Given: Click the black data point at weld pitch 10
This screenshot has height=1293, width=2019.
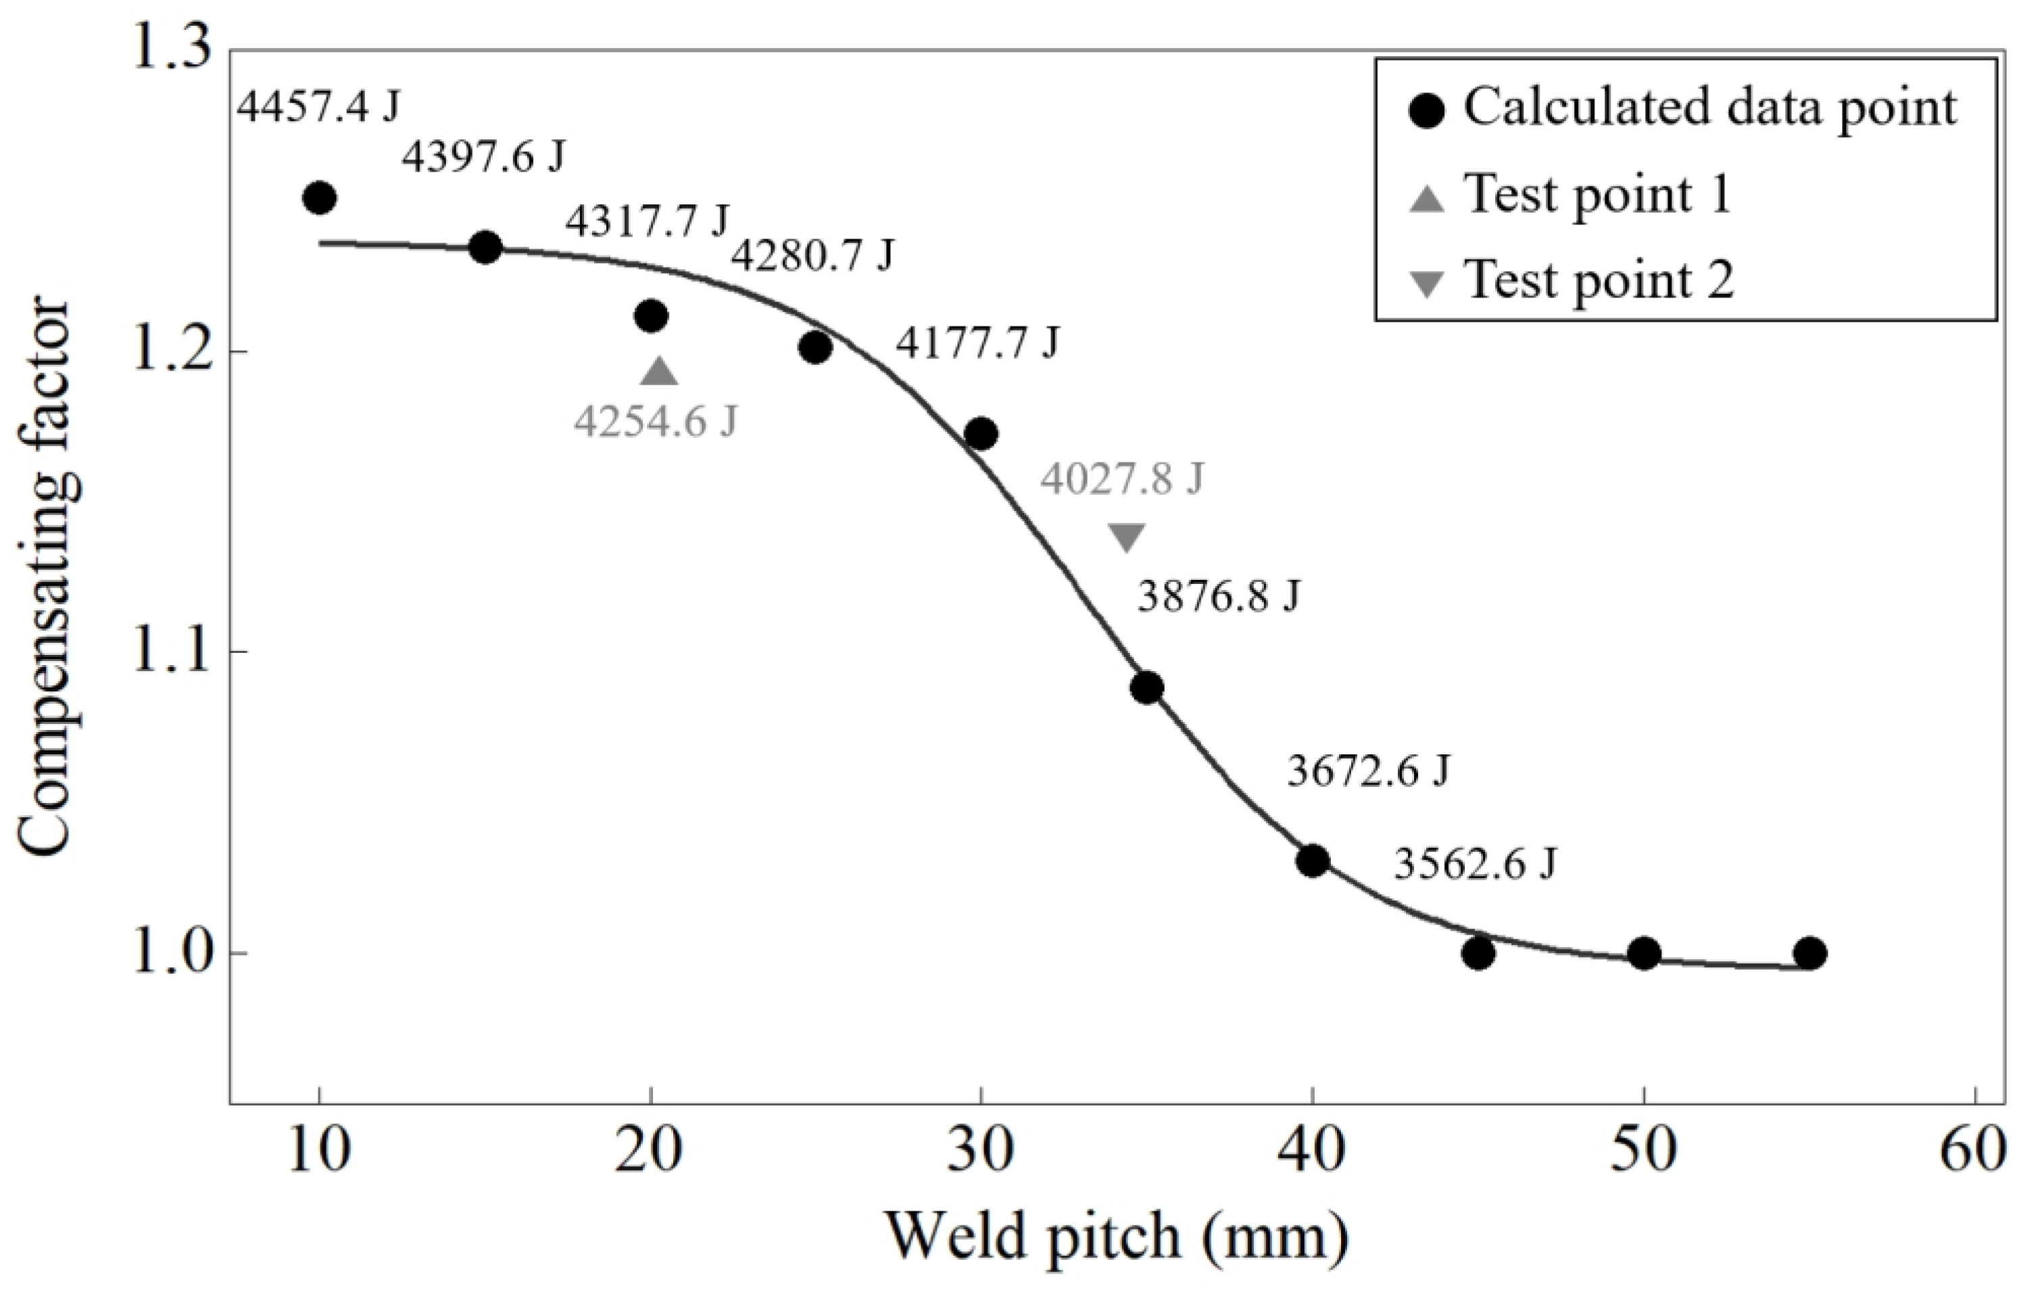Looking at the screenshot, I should (x=319, y=198).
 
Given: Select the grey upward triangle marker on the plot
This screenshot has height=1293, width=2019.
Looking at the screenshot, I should (x=659, y=372).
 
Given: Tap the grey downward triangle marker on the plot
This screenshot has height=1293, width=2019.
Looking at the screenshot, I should (x=1126, y=537).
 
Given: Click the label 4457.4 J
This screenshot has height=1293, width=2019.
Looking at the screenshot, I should (x=318, y=107).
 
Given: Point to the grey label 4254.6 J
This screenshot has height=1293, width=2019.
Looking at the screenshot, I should (x=655, y=422).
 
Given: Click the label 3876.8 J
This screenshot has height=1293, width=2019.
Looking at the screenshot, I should (x=1219, y=597).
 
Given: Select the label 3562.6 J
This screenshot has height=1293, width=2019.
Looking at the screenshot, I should (x=1475, y=864).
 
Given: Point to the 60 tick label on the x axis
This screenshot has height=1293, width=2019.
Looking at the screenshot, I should (x=1974, y=1151).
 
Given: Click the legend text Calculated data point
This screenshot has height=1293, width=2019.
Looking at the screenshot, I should (x=1710, y=108).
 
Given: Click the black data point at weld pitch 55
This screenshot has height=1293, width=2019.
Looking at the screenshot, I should (x=1809, y=953).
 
